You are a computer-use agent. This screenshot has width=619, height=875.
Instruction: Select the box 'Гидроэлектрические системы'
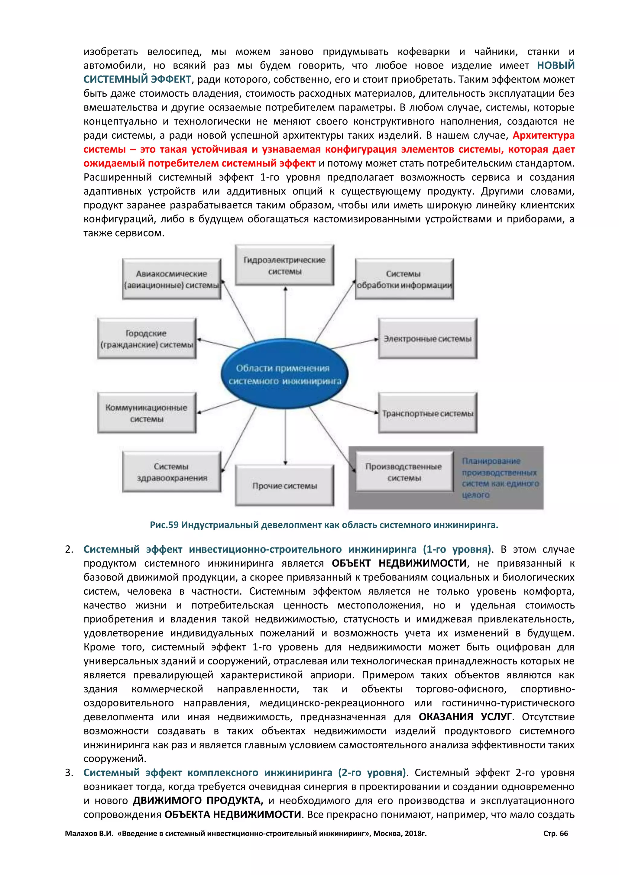point(285,265)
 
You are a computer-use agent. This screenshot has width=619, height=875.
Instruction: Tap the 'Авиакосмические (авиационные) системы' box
point(171,279)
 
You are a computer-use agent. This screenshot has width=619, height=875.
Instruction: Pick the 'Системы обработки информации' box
point(404,279)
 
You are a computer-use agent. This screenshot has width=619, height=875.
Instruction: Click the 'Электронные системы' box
point(427,338)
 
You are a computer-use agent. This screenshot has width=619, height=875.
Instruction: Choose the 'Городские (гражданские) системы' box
point(147,338)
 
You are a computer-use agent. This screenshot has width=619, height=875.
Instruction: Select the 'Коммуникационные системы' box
point(147,413)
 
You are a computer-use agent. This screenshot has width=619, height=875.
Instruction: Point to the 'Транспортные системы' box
point(427,413)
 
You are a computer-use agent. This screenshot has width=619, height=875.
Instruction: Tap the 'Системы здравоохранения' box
point(171,472)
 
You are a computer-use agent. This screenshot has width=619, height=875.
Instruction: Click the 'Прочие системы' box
point(285,486)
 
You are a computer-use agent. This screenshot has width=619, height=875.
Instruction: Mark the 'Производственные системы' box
point(404,472)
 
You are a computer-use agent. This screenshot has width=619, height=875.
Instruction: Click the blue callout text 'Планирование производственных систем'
point(500,478)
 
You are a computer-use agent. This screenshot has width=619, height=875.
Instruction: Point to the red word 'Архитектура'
point(543,135)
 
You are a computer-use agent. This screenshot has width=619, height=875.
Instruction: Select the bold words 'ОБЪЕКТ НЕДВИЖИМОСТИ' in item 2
point(399,563)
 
